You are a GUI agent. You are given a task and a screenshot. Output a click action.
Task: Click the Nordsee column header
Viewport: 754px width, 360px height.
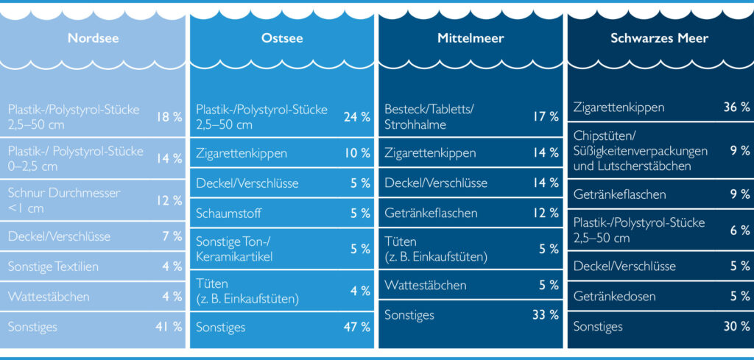tap(93, 38)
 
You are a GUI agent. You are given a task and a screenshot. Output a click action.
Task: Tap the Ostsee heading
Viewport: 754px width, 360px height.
tap(282, 38)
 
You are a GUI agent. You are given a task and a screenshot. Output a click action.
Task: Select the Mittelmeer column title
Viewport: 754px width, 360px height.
tap(471, 38)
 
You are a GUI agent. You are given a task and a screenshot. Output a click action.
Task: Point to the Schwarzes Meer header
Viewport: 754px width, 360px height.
tap(659, 38)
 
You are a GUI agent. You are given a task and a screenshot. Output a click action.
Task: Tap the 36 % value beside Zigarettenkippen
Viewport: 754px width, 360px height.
tap(736, 107)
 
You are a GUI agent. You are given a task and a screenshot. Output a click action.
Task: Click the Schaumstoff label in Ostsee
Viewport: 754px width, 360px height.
tap(228, 213)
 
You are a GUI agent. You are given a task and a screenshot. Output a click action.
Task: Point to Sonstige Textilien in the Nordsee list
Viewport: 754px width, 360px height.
tap(53, 267)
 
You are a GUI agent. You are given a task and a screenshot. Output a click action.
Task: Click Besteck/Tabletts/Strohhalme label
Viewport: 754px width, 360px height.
tap(429, 116)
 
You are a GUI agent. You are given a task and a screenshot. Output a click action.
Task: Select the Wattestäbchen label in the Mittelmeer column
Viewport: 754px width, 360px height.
tap(425, 285)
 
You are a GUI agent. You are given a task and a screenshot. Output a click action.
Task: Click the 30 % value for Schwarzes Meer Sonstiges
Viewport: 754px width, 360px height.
tap(736, 326)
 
